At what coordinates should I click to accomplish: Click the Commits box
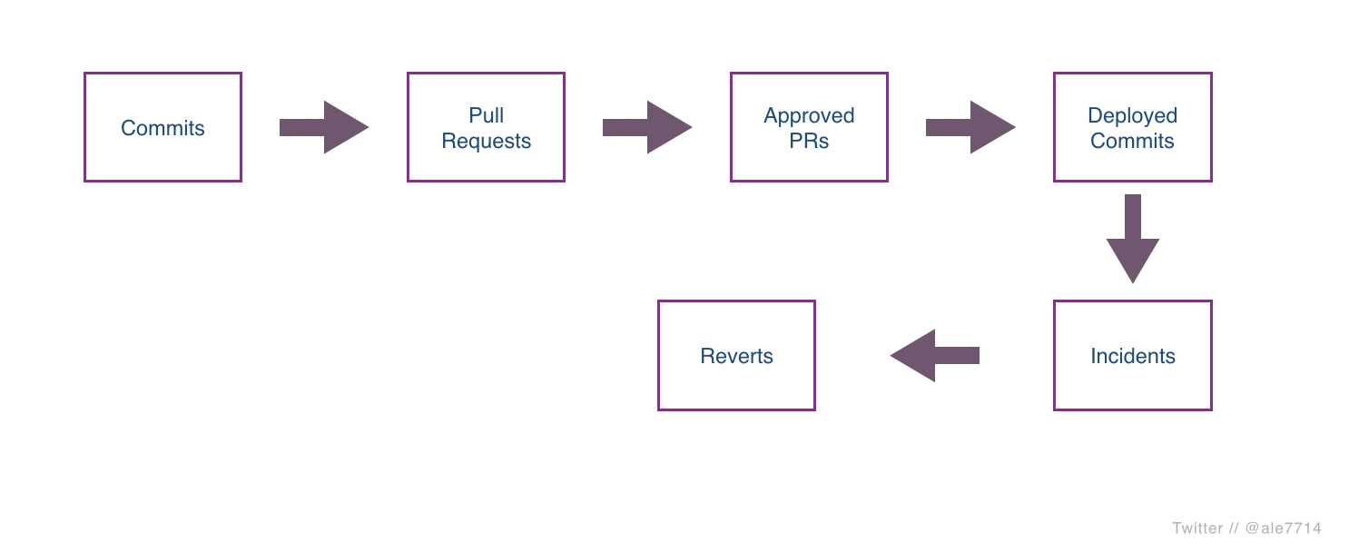click(x=162, y=128)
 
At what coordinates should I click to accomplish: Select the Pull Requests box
click(x=486, y=128)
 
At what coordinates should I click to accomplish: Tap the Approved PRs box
click(x=809, y=128)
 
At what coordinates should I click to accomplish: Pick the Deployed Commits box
click(x=1132, y=128)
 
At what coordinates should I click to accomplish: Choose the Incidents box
click(x=1132, y=356)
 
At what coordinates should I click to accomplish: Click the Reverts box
click(x=736, y=356)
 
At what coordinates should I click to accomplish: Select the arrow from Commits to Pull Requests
click(x=324, y=127)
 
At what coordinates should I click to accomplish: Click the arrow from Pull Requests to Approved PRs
click(x=647, y=127)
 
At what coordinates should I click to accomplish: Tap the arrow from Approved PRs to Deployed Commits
click(x=970, y=127)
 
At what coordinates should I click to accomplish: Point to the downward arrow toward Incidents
click(x=1132, y=238)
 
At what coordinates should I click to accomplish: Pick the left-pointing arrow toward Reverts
click(x=934, y=355)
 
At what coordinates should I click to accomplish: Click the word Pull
click(x=486, y=115)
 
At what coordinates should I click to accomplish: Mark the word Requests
click(x=486, y=142)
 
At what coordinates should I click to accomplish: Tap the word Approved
click(x=809, y=115)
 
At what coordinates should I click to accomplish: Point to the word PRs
click(x=809, y=142)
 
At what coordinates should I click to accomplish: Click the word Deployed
click(x=1132, y=115)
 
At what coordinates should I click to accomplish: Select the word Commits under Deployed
click(x=1132, y=142)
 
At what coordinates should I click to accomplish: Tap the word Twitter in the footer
click(x=1196, y=528)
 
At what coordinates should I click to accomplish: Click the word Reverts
click(x=736, y=356)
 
